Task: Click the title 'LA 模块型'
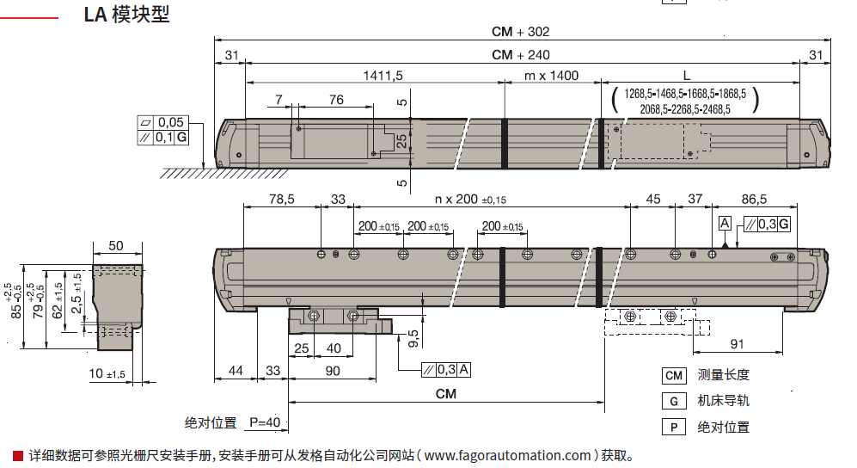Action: (x=126, y=15)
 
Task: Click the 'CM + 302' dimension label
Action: (x=520, y=32)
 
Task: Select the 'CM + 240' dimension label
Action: (x=520, y=54)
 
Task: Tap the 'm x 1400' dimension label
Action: (x=551, y=76)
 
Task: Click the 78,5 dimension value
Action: (x=281, y=200)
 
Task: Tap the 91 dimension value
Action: (x=737, y=344)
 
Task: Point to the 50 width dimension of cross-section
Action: (x=116, y=246)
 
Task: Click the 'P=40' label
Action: (x=266, y=422)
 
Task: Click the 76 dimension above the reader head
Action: (x=336, y=100)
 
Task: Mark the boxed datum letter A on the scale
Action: (x=725, y=224)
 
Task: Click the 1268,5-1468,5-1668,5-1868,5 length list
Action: (x=685, y=94)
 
